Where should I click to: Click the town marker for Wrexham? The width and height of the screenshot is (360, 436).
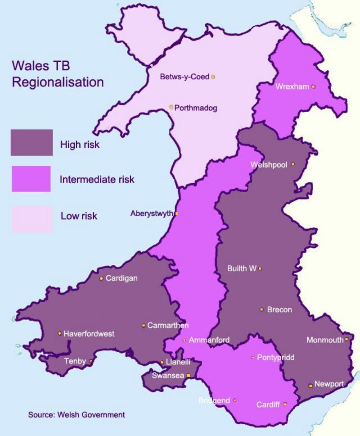(313, 86)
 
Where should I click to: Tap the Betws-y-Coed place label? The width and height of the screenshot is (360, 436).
(184, 77)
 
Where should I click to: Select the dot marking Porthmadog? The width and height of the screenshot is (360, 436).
(171, 107)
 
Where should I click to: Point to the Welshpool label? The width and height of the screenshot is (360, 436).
(269, 165)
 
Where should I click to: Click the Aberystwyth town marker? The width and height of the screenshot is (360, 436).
(176, 213)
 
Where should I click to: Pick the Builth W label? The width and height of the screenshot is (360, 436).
(242, 268)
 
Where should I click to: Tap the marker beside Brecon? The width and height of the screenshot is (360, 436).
(261, 309)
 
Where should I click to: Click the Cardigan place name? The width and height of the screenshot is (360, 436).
(121, 278)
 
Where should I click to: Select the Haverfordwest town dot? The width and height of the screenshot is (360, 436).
(59, 333)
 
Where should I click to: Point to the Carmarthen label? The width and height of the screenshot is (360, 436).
(168, 325)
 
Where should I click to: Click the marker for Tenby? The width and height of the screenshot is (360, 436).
(91, 361)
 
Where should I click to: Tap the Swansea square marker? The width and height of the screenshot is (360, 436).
(189, 375)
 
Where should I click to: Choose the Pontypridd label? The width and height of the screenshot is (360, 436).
(275, 358)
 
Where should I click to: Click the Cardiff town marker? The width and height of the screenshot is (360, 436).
(284, 404)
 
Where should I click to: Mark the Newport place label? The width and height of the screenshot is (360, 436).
(329, 384)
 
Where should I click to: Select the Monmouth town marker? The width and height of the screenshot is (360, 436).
(346, 340)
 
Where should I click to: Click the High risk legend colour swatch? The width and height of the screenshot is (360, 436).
(32, 143)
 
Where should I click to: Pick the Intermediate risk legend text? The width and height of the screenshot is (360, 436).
(97, 179)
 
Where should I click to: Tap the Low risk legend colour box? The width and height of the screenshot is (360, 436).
(32, 219)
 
